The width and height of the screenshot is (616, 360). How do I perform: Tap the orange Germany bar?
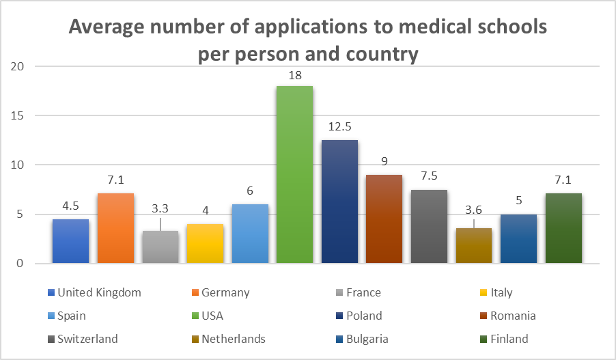tap(115, 228)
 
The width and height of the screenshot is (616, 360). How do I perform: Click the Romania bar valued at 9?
tap(384, 219)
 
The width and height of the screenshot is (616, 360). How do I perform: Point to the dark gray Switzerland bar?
tap(430, 226)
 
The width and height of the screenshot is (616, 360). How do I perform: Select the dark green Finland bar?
tap(564, 228)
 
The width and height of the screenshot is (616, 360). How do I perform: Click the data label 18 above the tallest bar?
tap(295, 75)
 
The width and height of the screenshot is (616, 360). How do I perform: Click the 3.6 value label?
tap(475, 211)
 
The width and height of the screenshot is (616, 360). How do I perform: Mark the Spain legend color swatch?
tap(50, 316)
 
